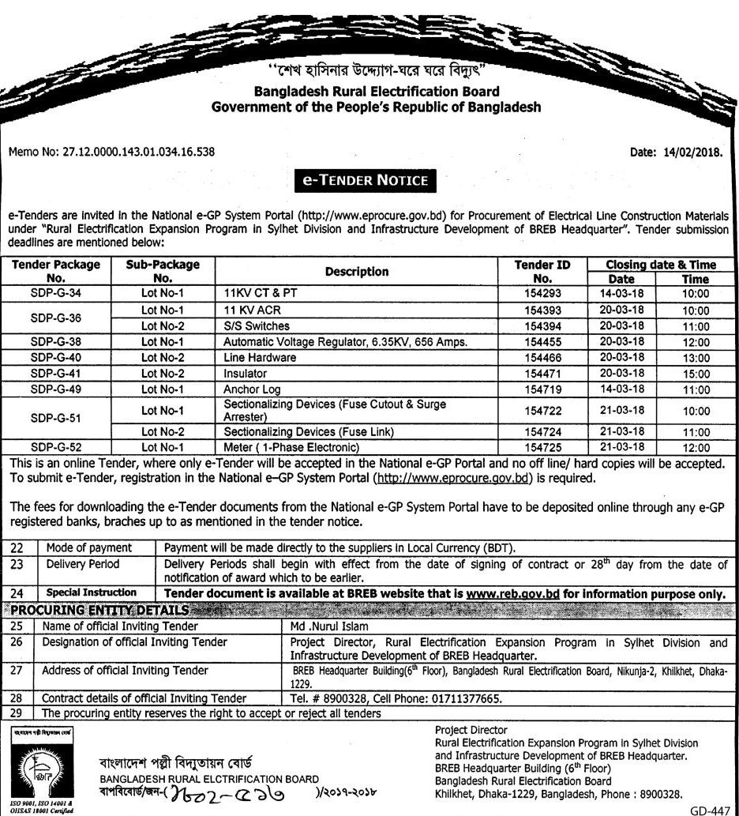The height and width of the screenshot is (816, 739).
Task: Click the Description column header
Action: [359, 271]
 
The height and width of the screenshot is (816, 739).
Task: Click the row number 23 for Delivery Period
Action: [18, 564]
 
